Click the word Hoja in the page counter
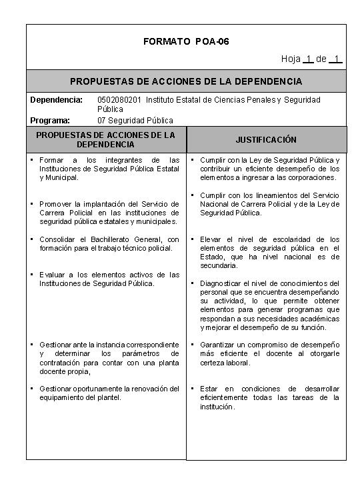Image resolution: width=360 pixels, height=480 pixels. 291,59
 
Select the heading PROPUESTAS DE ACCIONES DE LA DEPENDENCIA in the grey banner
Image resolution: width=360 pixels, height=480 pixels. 186,81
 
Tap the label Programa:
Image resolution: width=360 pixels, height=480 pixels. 49,121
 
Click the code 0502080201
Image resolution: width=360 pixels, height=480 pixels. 120,100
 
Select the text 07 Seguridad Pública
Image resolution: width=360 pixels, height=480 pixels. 135,121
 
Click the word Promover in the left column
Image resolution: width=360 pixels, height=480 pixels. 56,204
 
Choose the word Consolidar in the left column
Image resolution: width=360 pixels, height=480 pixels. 60,239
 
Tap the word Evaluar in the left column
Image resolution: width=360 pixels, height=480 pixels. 52,275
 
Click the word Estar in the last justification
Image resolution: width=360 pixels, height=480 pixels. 209,389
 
